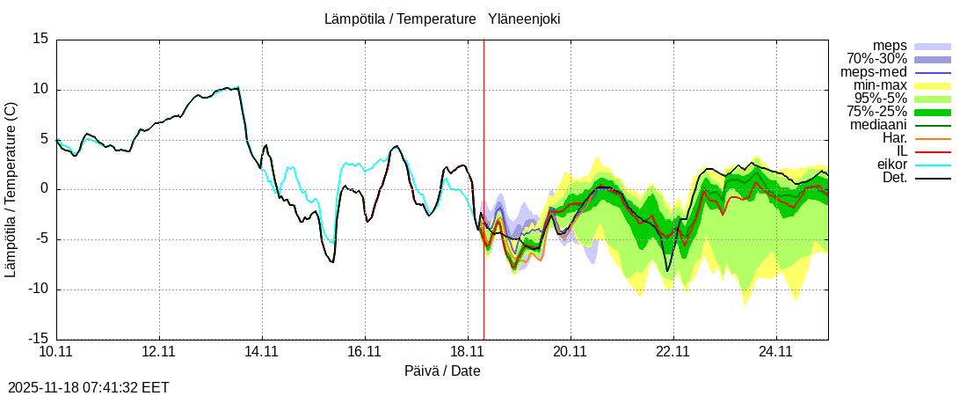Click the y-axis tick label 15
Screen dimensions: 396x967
click(40, 39)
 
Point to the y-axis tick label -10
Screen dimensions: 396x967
click(37, 290)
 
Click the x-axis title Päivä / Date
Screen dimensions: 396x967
click(442, 371)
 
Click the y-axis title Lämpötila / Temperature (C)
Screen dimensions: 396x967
click(11, 189)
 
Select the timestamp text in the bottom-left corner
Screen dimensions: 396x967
click(88, 387)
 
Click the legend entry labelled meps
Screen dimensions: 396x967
click(890, 46)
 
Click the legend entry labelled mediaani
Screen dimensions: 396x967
click(879, 125)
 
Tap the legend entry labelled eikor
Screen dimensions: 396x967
click(892, 165)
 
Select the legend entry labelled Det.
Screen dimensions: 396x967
click(895, 178)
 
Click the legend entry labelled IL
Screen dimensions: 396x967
click(901, 151)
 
